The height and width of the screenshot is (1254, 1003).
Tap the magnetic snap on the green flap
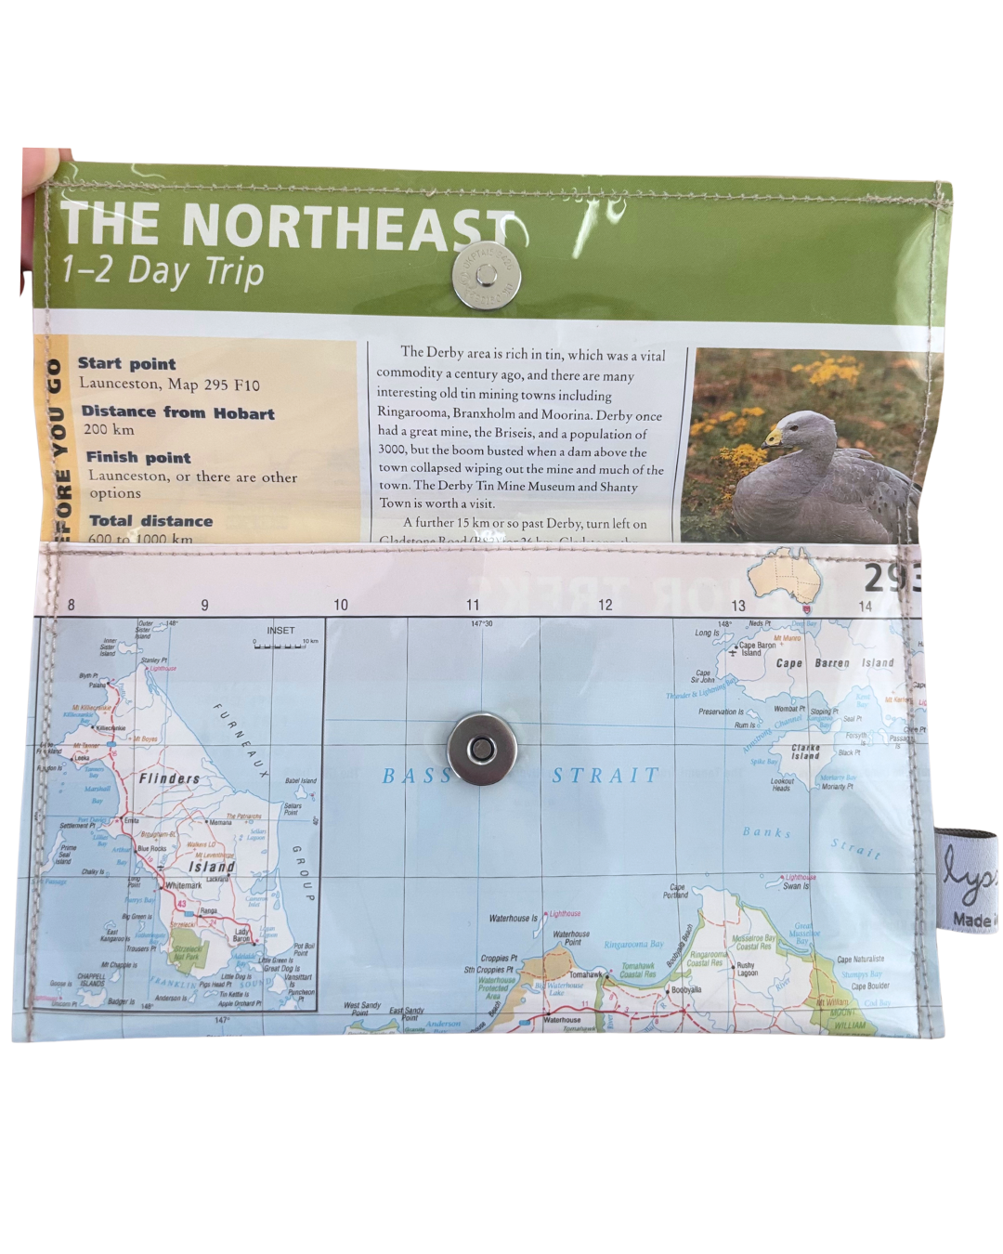(x=486, y=275)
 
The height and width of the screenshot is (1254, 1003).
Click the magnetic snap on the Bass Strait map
(x=482, y=750)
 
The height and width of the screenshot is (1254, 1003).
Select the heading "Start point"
(x=127, y=363)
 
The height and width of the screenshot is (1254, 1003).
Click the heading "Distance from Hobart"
(x=178, y=411)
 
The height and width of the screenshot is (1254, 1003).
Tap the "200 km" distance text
(x=109, y=429)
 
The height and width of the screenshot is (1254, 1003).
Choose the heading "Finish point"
(x=138, y=457)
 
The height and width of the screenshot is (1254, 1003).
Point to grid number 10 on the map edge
(x=341, y=605)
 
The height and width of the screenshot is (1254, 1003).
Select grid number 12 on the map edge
(x=606, y=605)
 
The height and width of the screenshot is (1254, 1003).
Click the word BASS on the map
(x=416, y=776)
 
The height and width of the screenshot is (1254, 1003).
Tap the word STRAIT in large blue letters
(x=606, y=776)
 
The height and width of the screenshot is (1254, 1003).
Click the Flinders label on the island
(x=169, y=778)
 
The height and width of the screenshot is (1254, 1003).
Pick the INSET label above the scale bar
(x=280, y=631)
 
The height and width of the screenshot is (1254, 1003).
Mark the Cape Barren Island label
(x=834, y=663)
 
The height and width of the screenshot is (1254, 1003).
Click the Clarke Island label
(x=805, y=751)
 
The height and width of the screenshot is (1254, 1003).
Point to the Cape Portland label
(x=676, y=891)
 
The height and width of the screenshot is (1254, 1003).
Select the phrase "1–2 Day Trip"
(x=163, y=271)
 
